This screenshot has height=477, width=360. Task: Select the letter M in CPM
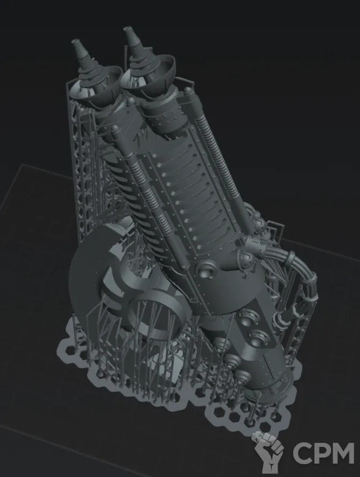[x=343, y=453]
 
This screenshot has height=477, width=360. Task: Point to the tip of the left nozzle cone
[x=74, y=41]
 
